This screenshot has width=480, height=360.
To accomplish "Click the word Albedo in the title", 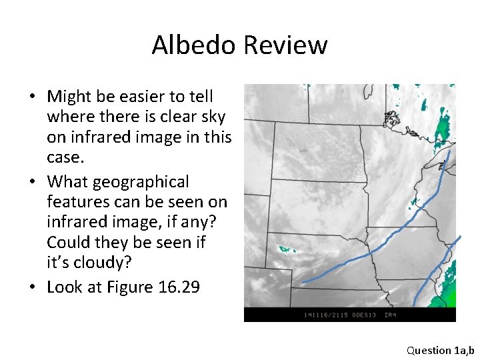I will pos(194,45).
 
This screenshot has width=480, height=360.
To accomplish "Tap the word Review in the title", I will pos(285,45).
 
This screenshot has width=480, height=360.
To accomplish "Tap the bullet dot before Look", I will pos(31,288).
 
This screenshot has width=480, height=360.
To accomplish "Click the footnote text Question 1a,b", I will pos(440,349).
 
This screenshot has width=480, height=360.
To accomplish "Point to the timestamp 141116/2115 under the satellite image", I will pos(325,315).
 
